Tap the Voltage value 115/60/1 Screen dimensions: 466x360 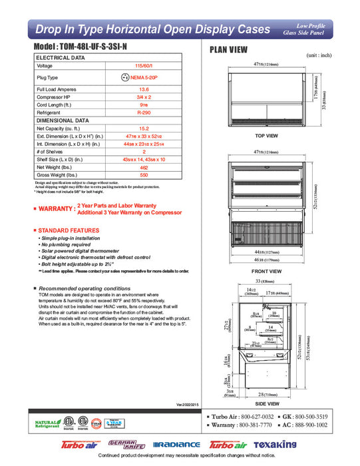pos(144,67)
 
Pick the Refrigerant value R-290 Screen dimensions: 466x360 pos(144,113)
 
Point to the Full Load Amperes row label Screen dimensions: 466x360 pos(60,89)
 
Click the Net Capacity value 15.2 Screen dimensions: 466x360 pos(144,128)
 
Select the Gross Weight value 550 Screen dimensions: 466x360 pos(144,175)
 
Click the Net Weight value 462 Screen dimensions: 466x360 pos(144,167)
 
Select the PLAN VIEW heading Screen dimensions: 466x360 pos(229,49)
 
